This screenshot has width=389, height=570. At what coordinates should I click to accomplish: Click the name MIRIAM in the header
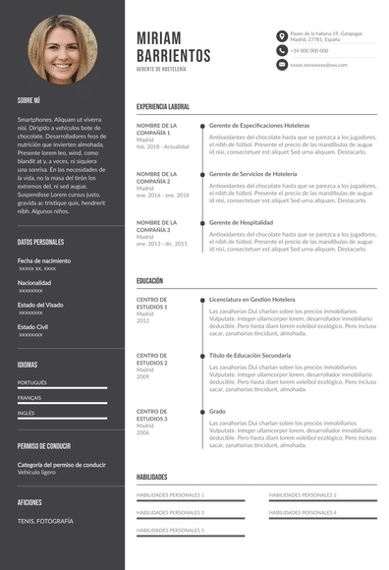coord(168,35)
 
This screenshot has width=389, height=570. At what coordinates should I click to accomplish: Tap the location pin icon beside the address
coord(282,35)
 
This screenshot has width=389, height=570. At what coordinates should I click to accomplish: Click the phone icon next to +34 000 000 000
coord(282,50)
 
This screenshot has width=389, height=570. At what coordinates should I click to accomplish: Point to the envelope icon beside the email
coord(282,64)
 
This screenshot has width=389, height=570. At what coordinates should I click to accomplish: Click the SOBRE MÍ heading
coord(28,99)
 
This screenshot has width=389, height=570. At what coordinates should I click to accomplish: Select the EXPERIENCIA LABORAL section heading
coord(163,106)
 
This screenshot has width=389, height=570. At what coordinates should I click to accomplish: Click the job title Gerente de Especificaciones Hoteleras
coord(259,126)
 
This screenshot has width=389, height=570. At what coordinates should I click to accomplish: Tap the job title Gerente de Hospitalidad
coord(242,223)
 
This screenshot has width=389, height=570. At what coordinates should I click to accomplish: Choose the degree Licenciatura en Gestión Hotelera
coord(251,299)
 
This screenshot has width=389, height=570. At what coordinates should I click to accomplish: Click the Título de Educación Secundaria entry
coord(250,355)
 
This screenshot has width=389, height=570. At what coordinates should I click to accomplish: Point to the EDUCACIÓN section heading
coord(150,281)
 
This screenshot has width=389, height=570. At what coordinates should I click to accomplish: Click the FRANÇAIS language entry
coord(29,398)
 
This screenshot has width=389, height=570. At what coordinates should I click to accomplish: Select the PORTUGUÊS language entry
coord(32,382)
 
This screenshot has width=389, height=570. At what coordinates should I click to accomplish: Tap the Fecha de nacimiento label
coord(44,260)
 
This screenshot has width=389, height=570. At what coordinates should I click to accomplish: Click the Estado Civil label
coord(33,326)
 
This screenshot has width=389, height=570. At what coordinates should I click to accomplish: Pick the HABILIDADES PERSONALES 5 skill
coord(170,531)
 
